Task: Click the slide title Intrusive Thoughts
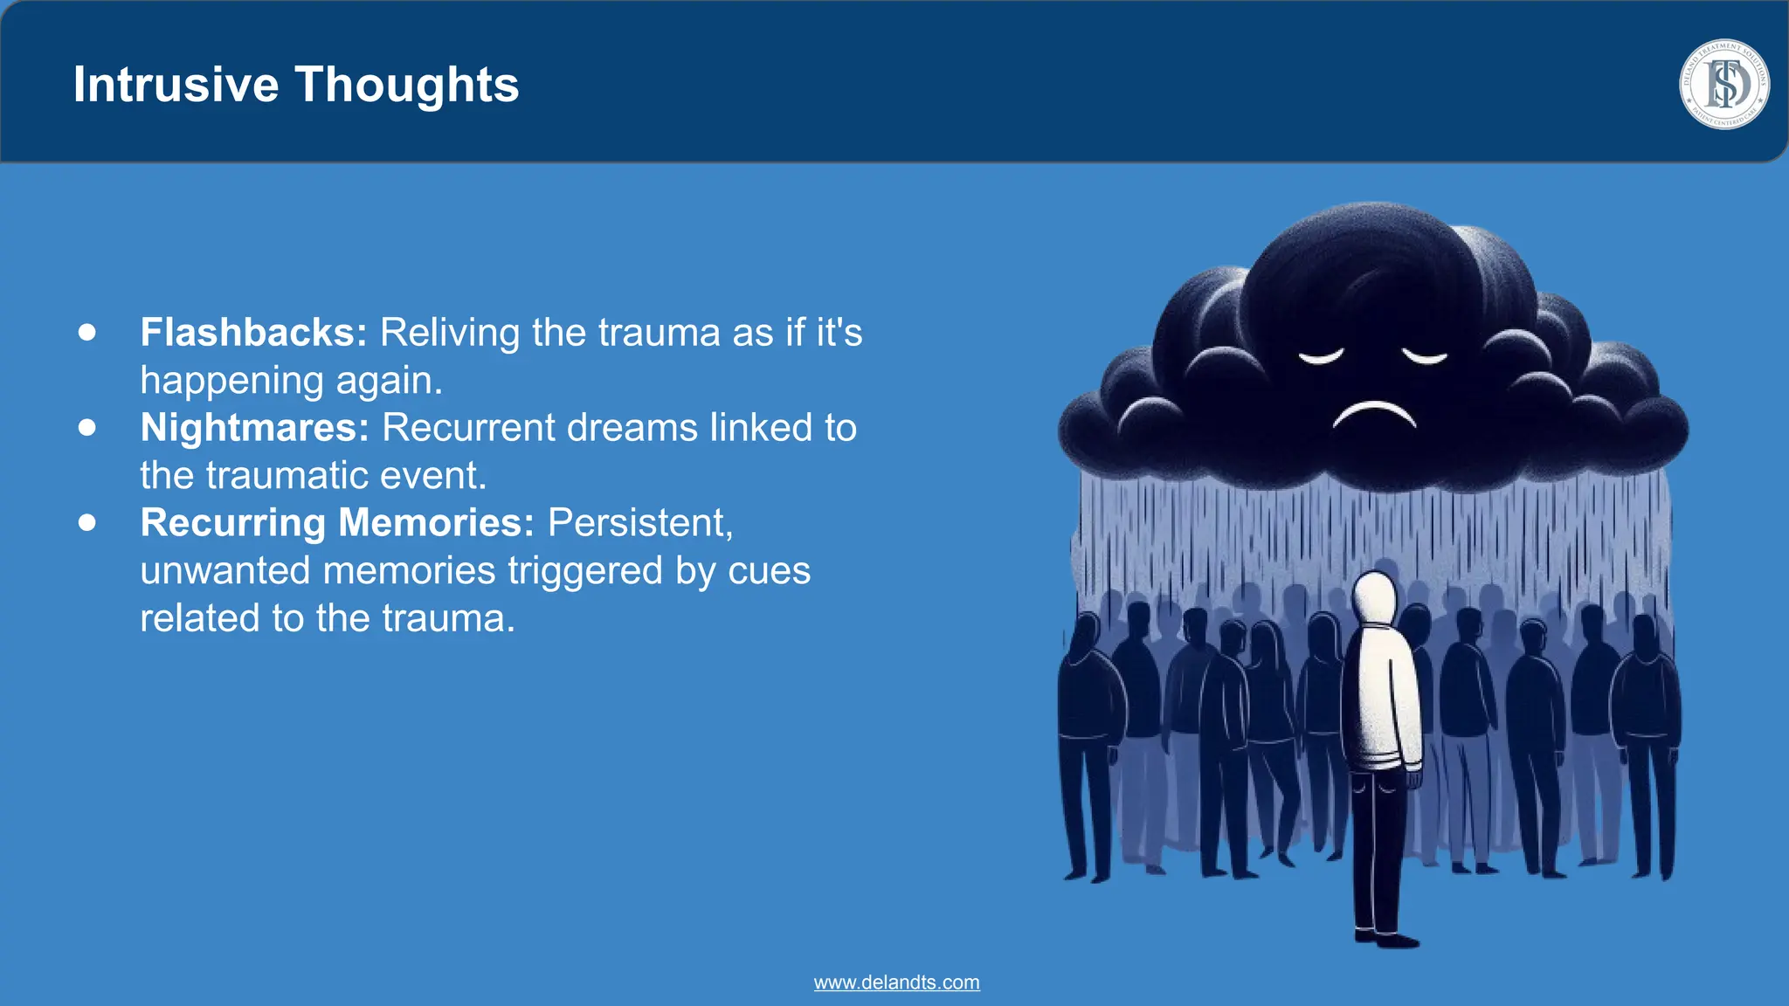point(295,85)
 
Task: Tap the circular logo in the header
point(1724,85)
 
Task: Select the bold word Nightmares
point(254,428)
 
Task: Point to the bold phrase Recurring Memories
point(337,523)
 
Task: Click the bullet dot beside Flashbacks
point(86,332)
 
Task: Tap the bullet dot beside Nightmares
point(86,427)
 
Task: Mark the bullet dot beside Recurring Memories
point(86,522)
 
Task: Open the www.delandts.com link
point(896,982)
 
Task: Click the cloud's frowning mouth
point(1374,414)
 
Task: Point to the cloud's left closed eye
point(1320,356)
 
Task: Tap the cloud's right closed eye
point(1425,356)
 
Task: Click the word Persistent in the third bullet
point(640,523)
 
